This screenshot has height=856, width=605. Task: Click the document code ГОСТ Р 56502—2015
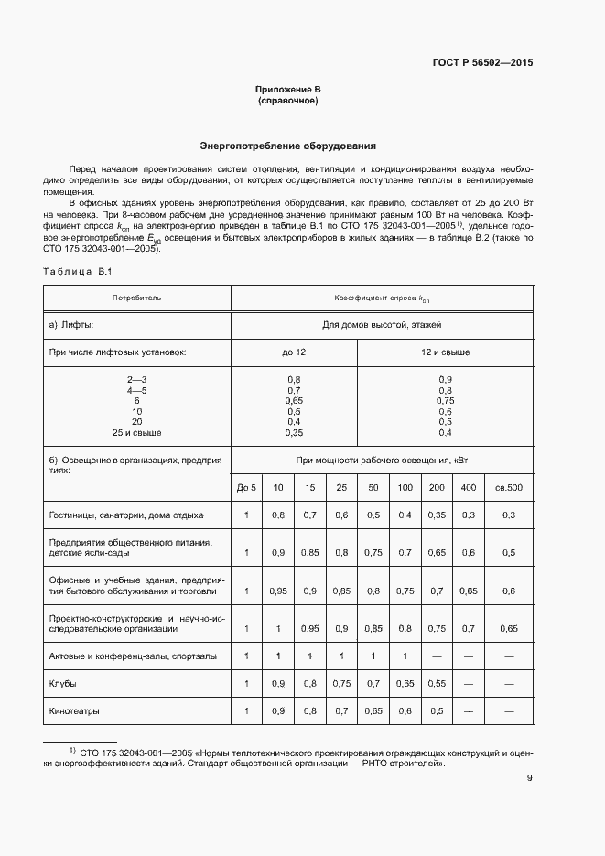[x=481, y=63]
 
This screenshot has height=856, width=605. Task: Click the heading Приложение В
[x=287, y=90]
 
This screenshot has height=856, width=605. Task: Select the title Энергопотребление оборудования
[x=288, y=146]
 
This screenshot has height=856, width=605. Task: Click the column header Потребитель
[x=136, y=298]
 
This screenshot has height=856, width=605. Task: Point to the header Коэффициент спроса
[x=382, y=298]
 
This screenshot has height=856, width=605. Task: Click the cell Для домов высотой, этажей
[x=382, y=325]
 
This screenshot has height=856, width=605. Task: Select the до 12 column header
[x=293, y=352]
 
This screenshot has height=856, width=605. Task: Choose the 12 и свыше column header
[x=445, y=352]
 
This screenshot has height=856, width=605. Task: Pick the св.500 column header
[x=509, y=488]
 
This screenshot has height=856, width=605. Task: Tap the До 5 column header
[x=246, y=488]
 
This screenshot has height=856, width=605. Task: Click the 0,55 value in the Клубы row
[x=437, y=684]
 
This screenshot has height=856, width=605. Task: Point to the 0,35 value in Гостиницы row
[x=437, y=515]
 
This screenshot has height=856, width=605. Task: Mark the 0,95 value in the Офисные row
[x=278, y=591]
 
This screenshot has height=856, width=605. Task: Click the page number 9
[x=529, y=779]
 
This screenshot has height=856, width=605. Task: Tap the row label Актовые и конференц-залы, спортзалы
[x=133, y=656]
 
